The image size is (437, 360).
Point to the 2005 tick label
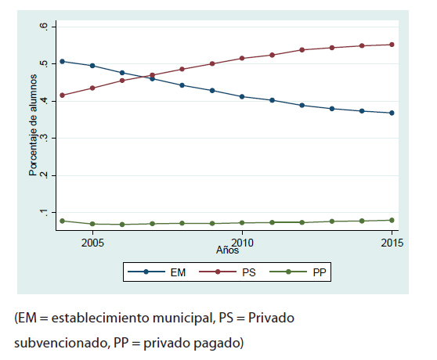pos(93,242)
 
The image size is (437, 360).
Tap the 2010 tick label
pos(242,242)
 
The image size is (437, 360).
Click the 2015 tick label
pos(391,242)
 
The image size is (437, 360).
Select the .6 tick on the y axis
pos(44,27)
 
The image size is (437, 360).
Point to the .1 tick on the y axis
pos(44,213)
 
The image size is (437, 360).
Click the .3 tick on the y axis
pos(44,139)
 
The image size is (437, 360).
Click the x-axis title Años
pos(227,250)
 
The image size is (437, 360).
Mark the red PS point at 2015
pos(391,45)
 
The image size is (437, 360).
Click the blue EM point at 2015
pos(391,113)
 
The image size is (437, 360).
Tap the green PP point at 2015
pos(391,220)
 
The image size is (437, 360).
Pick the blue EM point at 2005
pos(93,66)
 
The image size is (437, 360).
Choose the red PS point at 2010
pos(242,59)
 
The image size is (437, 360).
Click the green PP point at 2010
pos(242,223)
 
